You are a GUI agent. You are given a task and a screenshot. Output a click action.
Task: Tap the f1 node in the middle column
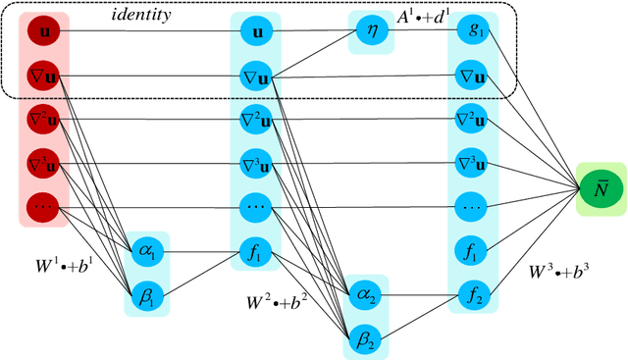[255, 253]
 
